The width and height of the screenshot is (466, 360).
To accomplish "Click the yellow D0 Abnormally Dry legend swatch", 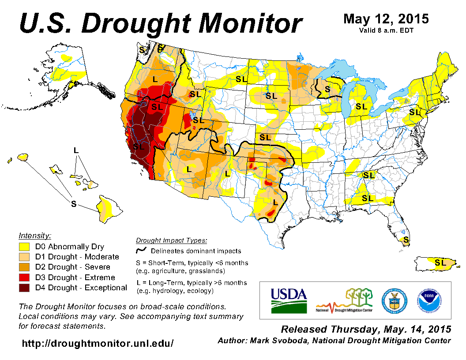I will tap(24, 247).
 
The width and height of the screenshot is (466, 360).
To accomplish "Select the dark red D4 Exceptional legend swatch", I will tap(24, 288).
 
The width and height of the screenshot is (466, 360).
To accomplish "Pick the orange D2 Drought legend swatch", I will tap(24, 267).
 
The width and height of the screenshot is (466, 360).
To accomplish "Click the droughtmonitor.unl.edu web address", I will tap(98, 343).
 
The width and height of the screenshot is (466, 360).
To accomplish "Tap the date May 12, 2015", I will tap(386, 19).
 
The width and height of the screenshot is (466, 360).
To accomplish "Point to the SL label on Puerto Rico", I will tap(440, 262).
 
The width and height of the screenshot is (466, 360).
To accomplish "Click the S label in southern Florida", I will tap(406, 240).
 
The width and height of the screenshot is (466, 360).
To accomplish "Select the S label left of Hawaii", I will tap(74, 203).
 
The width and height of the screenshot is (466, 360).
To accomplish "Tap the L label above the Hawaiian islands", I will tap(76, 150).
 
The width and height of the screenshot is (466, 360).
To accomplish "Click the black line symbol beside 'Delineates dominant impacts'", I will tap(141, 251).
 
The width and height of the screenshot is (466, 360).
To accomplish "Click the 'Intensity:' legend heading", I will tap(35, 236).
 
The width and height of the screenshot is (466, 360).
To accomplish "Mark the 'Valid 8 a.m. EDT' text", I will tap(386, 30).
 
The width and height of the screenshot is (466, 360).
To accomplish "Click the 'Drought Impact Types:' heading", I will tap(171, 240).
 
